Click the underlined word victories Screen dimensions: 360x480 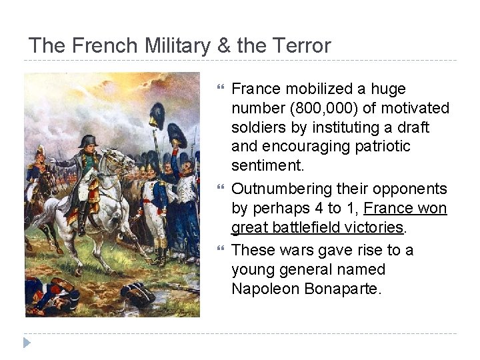(x=371, y=227)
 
